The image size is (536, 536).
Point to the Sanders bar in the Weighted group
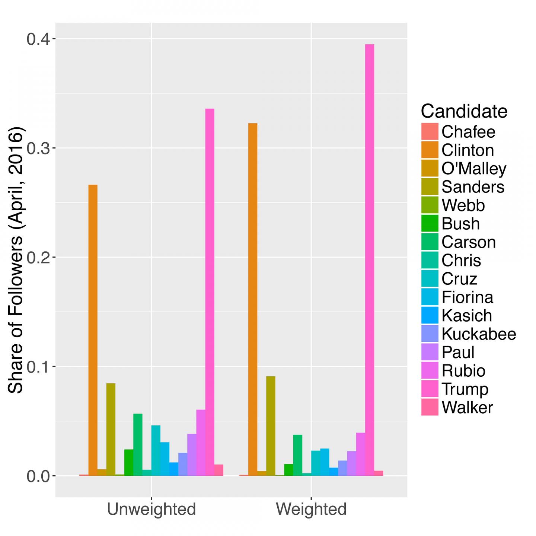[x=271, y=426]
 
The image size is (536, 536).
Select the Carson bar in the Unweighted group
[x=138, y=444]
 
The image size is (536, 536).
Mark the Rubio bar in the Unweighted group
[x=201, y=443]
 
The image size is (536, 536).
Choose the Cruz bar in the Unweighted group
[x=156, y=450]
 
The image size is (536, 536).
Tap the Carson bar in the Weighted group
[x=298, y=455]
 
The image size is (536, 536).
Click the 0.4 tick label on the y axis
[x=39, y=39]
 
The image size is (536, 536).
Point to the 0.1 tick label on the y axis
[x=39, y=367]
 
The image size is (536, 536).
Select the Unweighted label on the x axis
[x=151, y=509]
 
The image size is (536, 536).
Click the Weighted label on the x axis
[x=311, y=509]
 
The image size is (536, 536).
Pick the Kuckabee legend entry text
[x=479, y=334]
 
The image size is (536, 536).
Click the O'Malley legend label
[x=474, y=169]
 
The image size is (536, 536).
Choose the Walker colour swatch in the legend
[x=430, y=407]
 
